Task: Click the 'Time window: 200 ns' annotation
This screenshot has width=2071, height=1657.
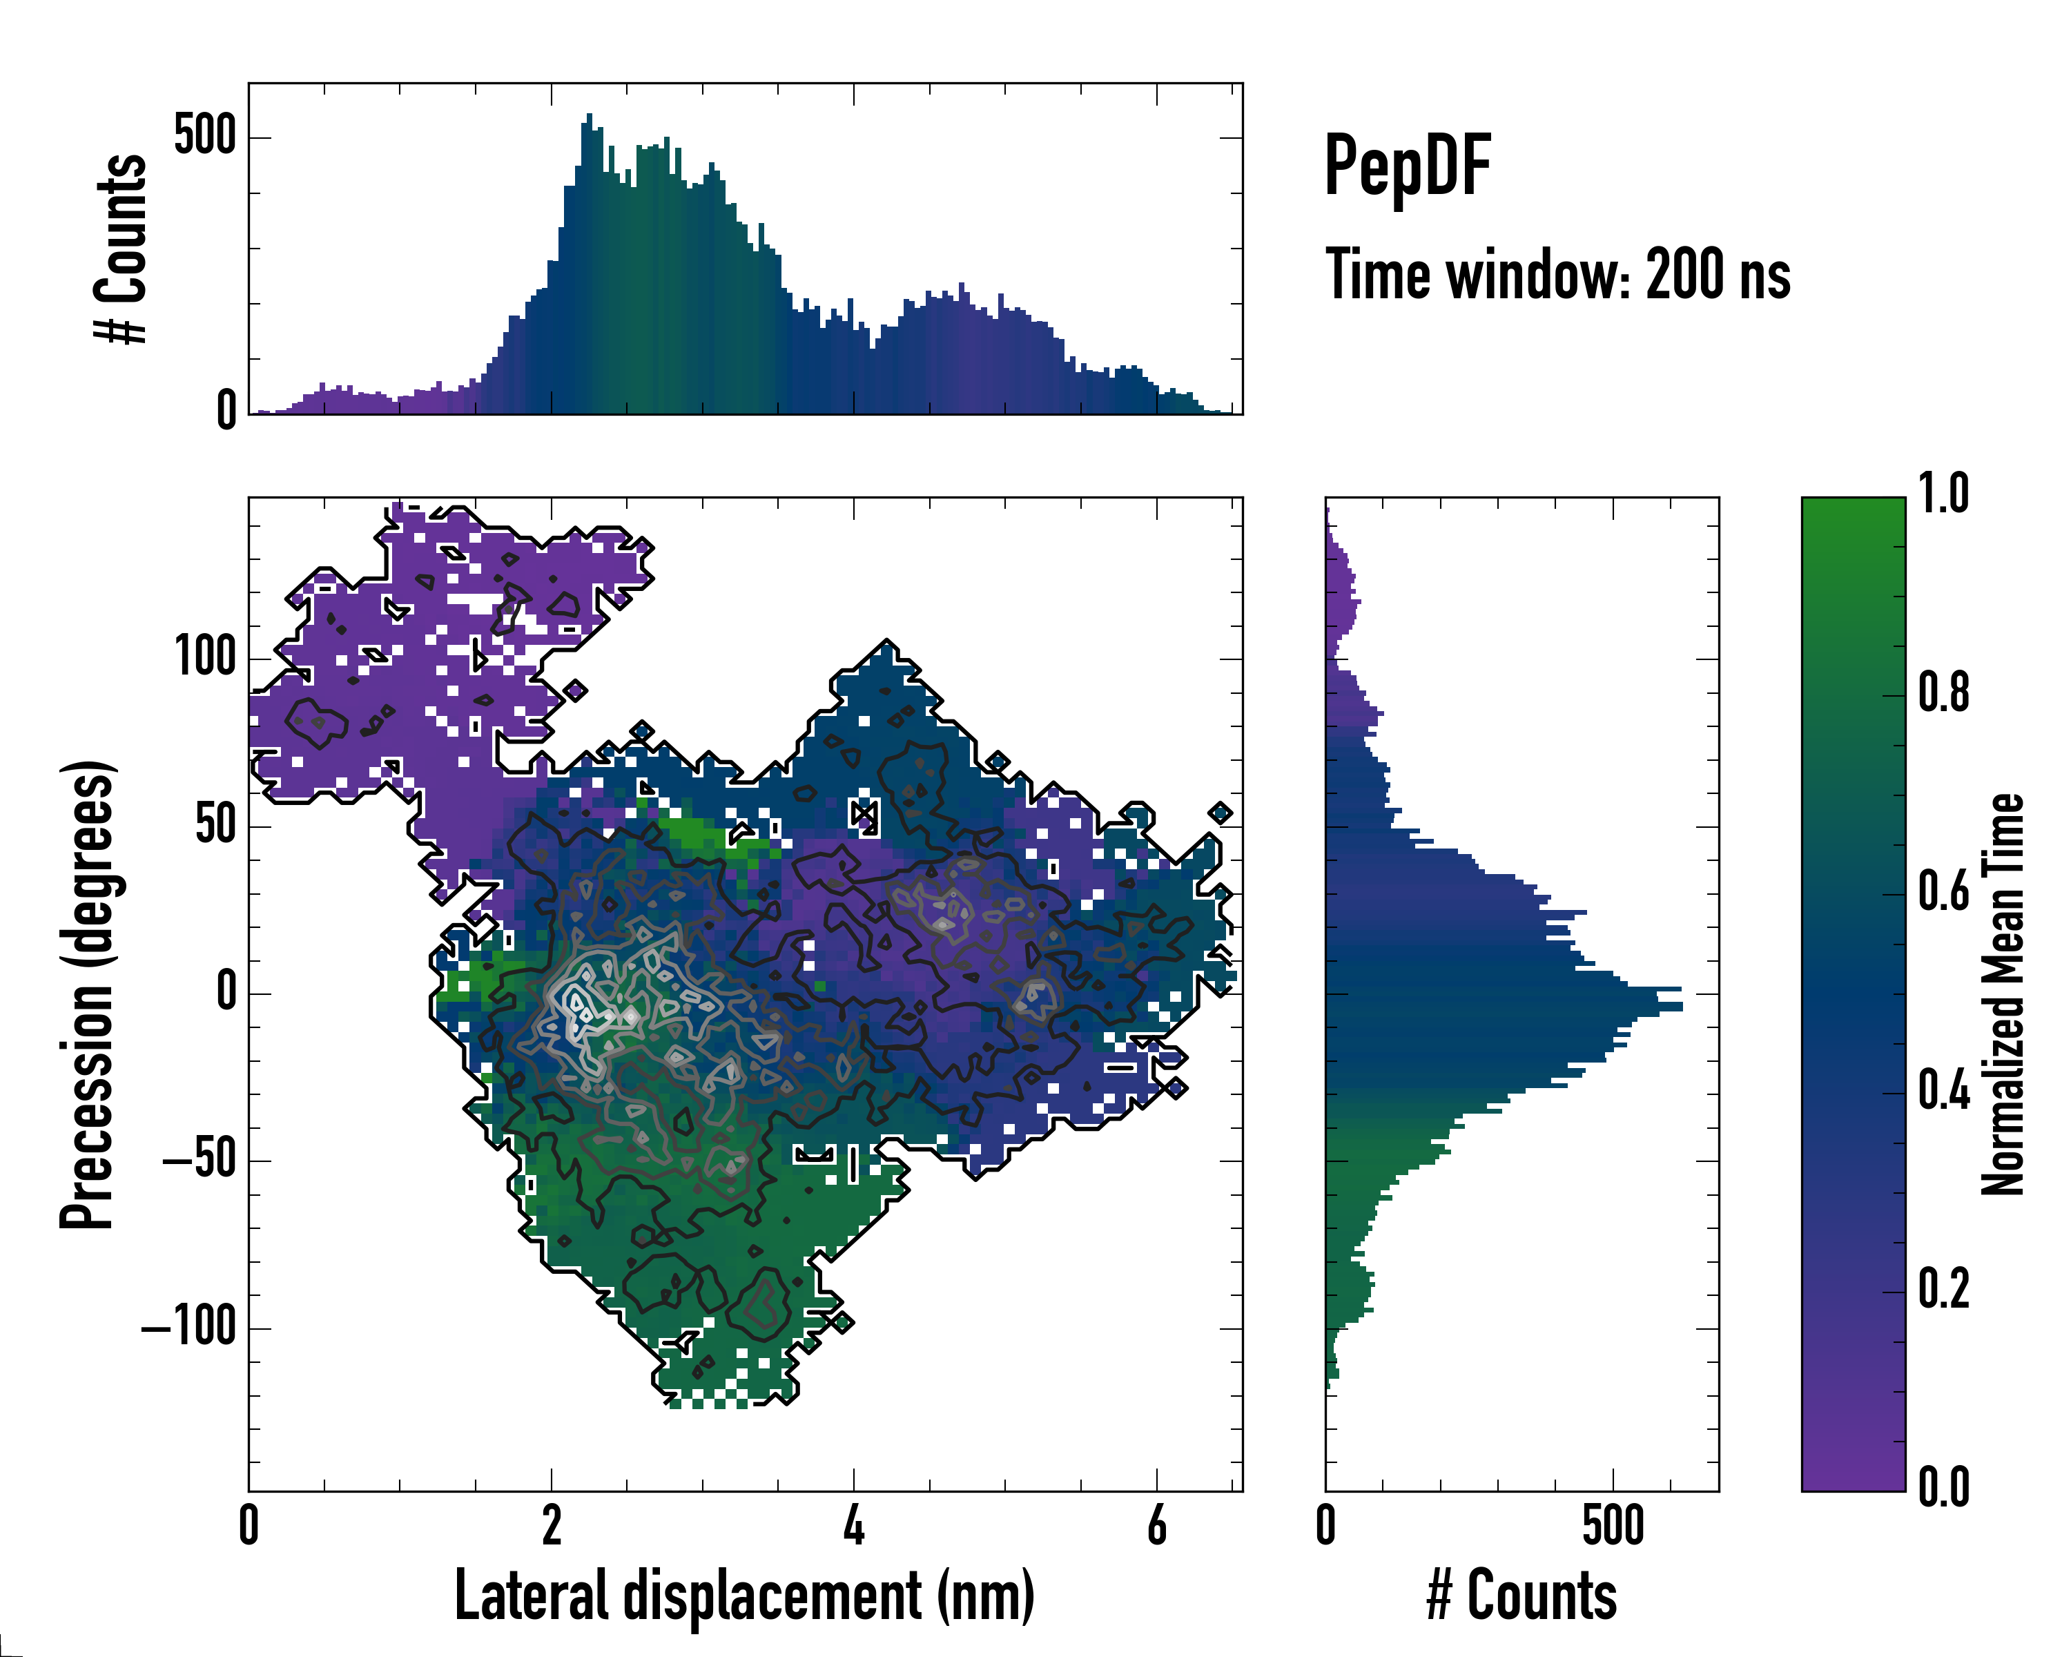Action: [x=1557, y=275]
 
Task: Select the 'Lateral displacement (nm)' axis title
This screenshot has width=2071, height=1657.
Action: [x=744, y=1596]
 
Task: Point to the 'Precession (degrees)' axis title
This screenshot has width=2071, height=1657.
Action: [x=88, y=994]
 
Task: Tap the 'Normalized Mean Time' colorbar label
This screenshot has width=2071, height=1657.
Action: [x=2003, y=994]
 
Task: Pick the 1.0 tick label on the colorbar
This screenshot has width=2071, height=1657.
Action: [x=1943, y=495]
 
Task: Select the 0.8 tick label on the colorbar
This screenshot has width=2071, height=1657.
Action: [x=1943, y=694]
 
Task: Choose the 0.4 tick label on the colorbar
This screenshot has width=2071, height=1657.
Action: [x=1943, y=1092]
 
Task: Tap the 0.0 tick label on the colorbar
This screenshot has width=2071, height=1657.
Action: [x=1943, y=1487]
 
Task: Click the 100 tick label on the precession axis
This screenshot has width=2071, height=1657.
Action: [x=204, y=659]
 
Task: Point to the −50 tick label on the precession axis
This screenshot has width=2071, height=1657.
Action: [x=199, y=1161]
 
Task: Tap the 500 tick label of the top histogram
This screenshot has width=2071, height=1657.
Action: [x=204, y=137]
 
